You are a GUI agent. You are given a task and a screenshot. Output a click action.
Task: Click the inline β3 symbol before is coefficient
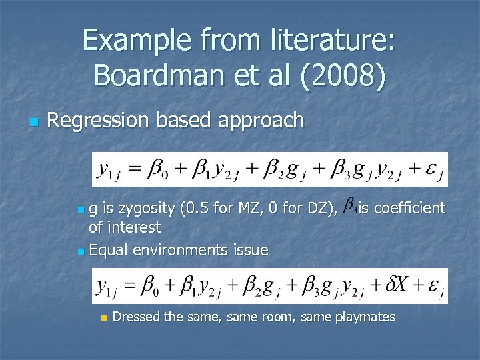(x=349, y=208)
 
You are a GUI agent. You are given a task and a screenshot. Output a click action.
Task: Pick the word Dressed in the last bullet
(x=137, y=317)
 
